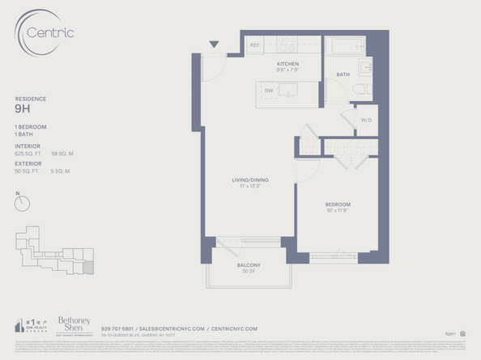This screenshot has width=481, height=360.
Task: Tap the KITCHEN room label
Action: click(x=287, y=64)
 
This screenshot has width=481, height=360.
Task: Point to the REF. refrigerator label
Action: click(x=254, y=44)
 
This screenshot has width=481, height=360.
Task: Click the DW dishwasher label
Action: click(x=269, y=90)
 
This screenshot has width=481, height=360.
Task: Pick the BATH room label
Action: click(x=343, y=74)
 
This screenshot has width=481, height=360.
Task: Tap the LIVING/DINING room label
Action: click(x=248, y=180)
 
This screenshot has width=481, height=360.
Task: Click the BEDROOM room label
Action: click(x=338, y=204)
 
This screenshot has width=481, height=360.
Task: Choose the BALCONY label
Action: click(x=249, y=265)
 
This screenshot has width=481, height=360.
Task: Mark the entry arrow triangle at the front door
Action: click(x=214, y=45)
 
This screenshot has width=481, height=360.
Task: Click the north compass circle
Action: click(x=22, y=205)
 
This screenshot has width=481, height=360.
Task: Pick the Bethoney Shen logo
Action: click(x=73, y=324)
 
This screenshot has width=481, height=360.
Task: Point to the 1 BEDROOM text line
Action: click(x=29, y=128)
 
